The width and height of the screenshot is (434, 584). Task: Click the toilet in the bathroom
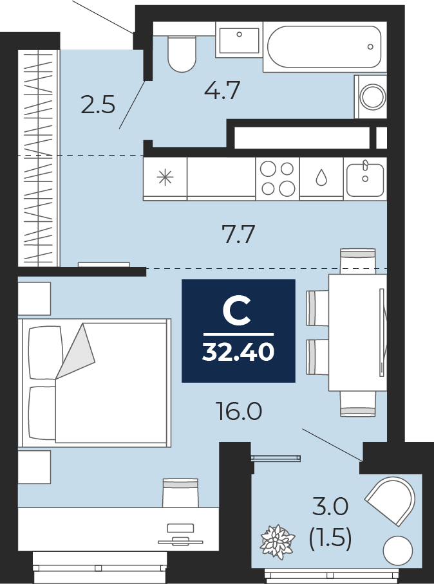pyautogui.click(x=182, y=54)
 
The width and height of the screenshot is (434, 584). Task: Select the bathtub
pyautogui.click(x=325, y=46)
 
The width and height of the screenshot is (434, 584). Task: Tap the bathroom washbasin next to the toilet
pyautogui.click(x=239, y=39)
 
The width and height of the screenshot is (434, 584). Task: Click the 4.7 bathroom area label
pyautogui.click(x=222, y=91)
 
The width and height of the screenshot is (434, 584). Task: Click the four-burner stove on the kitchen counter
pyautogui.click(x=278, y=179)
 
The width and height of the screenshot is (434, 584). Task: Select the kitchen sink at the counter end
pyautogui.click(x=365, y=179)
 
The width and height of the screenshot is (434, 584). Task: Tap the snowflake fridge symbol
pyautogui.click(x=165, y=178)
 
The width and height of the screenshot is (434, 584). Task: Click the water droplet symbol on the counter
pyautogui.click(x=321, y=178)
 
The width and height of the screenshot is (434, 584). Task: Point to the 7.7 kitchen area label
pyautogui.click(x=238, y=235)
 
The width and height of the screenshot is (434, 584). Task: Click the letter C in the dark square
pyautogui.click(x=236, y=309)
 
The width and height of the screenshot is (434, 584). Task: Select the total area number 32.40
pyautogui.click(x=238, y=351)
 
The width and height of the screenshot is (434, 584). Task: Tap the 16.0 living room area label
pyautogui.click(x=239, y=412)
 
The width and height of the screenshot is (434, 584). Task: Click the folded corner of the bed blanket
pyautogui.click(x=76, y=351)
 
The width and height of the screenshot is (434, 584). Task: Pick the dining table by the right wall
pyautogui.click(x=357, y=333)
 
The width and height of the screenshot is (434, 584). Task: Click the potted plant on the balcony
pyautogui.click(x=278, y=542)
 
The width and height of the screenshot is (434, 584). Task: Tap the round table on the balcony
pyautogui.click(x=398, y=551)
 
